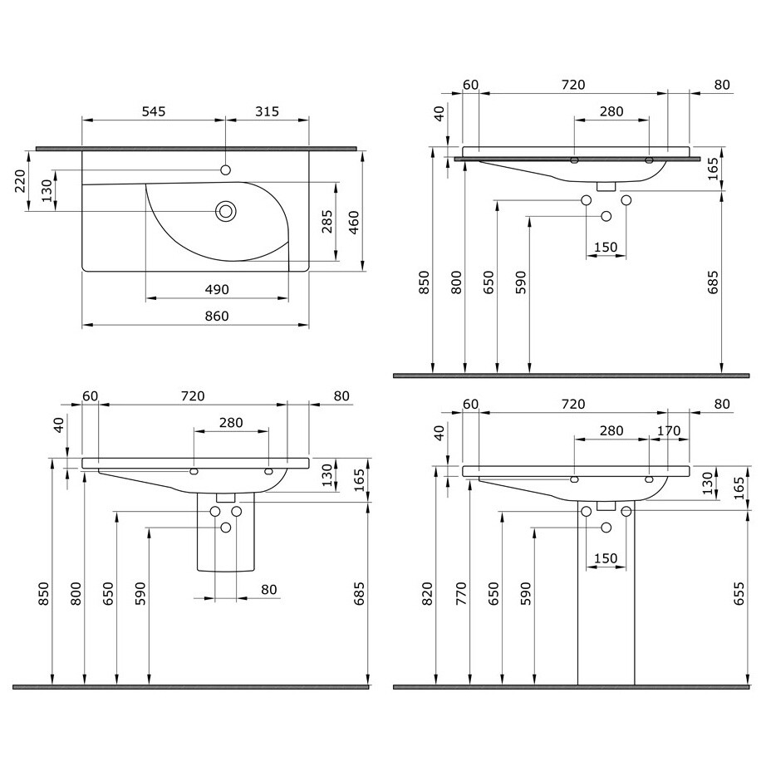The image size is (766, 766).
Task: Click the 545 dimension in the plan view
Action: pyautogui.click(x=154, y=110)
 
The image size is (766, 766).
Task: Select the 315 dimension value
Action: pyautogui.click(x=267, y=110)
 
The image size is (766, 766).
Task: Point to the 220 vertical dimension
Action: pyautogui.click(x=22, y=180)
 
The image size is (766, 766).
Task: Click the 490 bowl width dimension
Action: pyautogui.click(x=216, y=289)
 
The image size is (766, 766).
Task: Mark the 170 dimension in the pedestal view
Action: pyautogui.click(x=668, y=430)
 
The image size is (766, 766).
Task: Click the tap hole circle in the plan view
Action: pyautogui.click(x=225, y=170)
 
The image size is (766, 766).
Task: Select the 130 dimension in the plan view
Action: pyautogui.click(x=47, y=190)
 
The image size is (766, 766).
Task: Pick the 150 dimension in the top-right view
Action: pyautogui.click(x=606, y=247)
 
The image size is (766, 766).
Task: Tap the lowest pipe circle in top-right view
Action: pyautogui.click(x=606, y=216)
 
